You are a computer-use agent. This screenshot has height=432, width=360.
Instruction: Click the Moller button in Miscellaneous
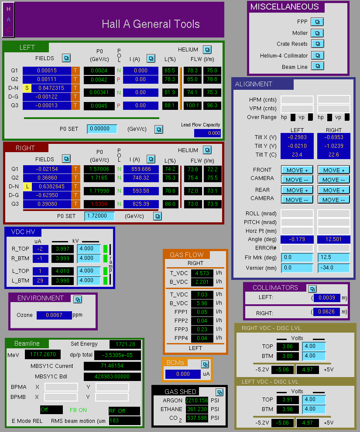pos(317,33)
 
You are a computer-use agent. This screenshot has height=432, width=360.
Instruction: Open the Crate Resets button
pos(318,44)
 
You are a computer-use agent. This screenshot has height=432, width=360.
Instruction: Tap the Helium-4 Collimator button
pos(318,55)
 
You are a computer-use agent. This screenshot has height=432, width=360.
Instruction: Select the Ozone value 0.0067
pos(54,315)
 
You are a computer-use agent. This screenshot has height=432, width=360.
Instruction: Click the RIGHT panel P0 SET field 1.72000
pos(99,216)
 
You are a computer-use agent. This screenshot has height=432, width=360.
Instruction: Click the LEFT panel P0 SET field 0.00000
pos(102,129)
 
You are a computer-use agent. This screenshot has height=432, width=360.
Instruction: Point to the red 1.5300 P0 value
pos(99,204)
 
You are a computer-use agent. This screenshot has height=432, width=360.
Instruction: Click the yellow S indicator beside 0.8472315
pos(27,88)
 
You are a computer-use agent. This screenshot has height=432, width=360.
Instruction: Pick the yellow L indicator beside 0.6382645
pos(27,187)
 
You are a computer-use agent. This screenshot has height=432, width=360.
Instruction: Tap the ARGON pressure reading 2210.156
pos(197,400)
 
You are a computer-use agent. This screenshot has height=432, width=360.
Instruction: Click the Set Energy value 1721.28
pos(125,344)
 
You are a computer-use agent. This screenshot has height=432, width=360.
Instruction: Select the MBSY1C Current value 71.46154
pos(112,366)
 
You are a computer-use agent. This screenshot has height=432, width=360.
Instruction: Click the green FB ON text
pos(79,410)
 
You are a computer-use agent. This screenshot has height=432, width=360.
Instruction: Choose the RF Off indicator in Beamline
pos(124,411)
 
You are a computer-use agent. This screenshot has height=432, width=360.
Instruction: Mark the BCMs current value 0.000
pos(183,374)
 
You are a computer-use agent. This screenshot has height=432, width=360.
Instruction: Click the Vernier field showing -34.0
pos(334,268)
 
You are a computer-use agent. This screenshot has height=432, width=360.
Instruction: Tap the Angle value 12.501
pos(334,239)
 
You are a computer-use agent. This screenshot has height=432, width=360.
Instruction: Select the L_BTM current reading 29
pos(40,280)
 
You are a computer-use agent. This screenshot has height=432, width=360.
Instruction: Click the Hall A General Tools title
pos(151,24)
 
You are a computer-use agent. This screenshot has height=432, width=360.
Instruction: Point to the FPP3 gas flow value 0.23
pos(202,329)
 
